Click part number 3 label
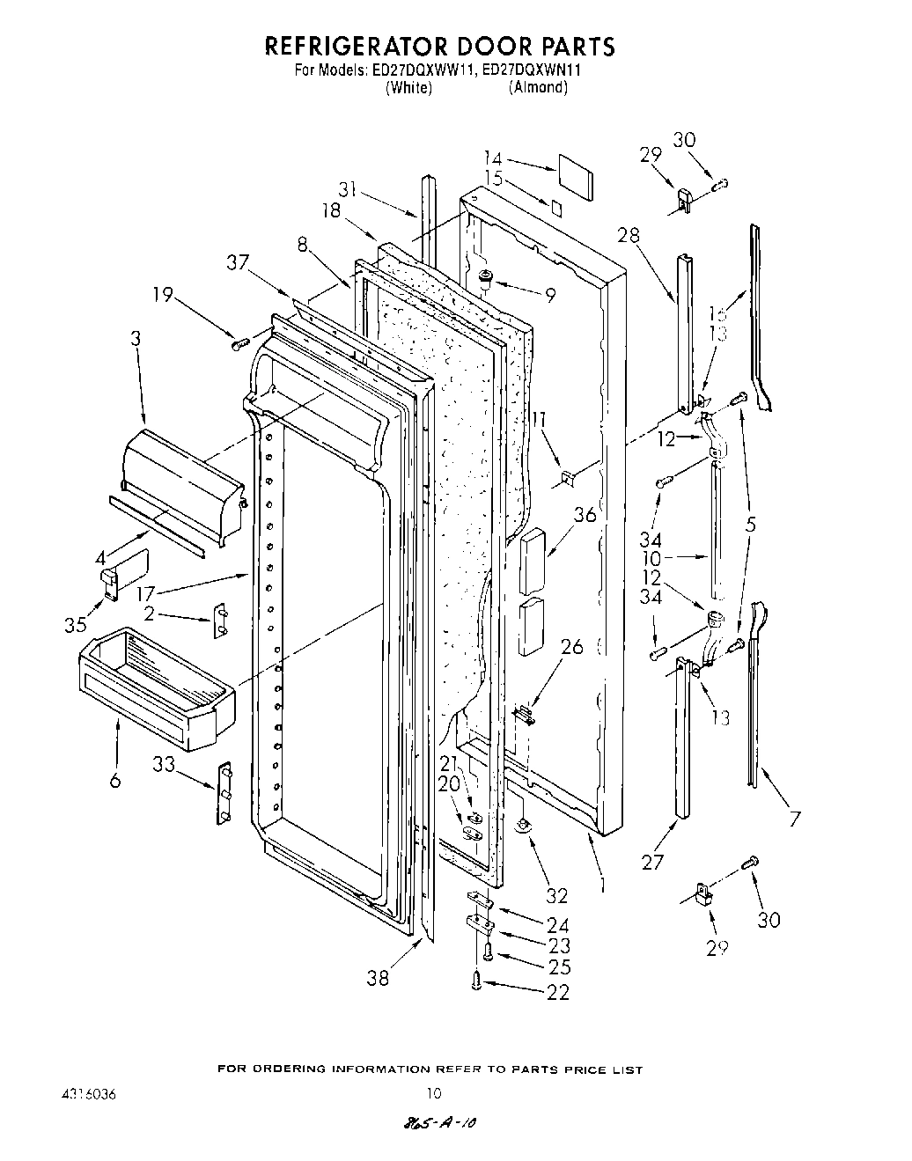(135, 337)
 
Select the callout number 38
(378, 977)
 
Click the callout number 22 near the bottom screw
(558, 992)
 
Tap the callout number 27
(652, 862)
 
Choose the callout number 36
(585, 515)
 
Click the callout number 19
(162, 295)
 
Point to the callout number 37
(237, 262)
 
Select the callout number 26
(571, 648)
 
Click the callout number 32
(556, 895)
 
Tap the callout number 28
(629, 235)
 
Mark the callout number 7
(794, 819)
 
